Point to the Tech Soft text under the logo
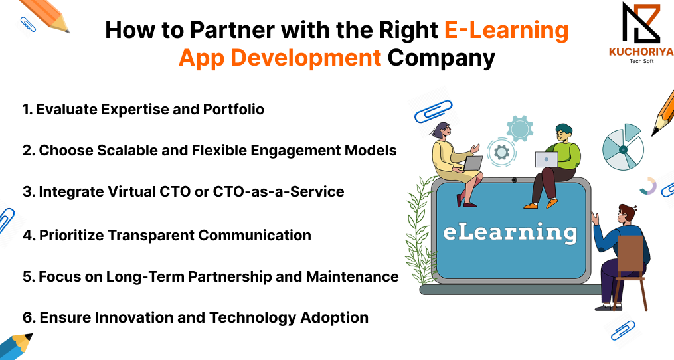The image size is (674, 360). click(x=641, y=61)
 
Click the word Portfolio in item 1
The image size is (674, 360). click(x=233, y=109)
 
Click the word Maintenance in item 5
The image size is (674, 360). click(x=352, y=276)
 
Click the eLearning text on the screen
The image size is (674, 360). click(x=510, y=232)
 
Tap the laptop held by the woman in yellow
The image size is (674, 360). click(x=473, y=163)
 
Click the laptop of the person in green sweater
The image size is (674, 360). click(x=547, y=159)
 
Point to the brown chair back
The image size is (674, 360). click(x=630, y=253)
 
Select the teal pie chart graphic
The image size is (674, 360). click(x=624, y=147)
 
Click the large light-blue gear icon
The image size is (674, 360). click(x=520, y=128)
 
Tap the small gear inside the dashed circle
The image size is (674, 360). click(x=501, y=152)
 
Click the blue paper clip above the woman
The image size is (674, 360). click(x=433, y=111)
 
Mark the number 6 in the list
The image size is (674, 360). click(x=28, y=318)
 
